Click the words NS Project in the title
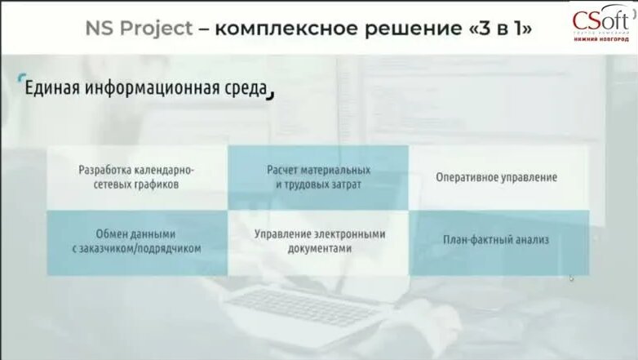click(x=140, y=29)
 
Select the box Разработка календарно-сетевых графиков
click(x=136, y=177)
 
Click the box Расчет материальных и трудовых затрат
click(x=318, y=177)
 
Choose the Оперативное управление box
click(x=497, y=177)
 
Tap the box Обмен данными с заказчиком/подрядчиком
click(x=136, y=242)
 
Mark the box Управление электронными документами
click(x=318, y=242)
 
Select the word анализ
click(x=532, y=240)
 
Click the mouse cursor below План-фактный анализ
click(x=572, y=278)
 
